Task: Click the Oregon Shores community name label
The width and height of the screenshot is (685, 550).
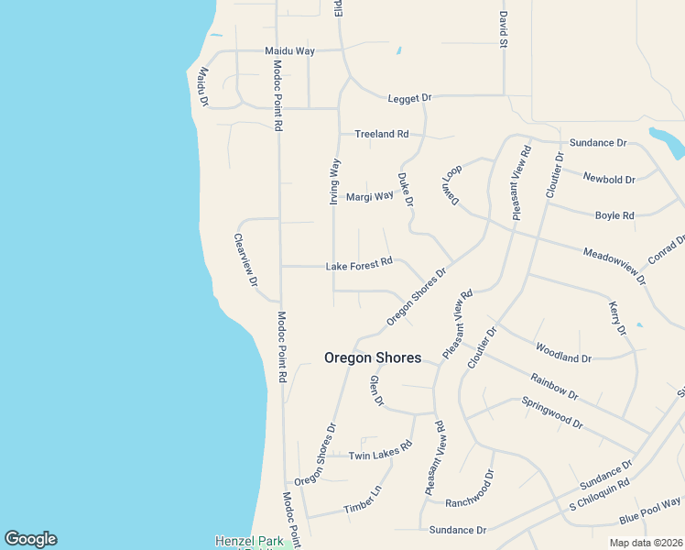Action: click(373, 357)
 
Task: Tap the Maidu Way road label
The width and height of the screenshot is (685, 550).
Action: click(289, 50)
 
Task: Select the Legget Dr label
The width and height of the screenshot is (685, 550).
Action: click(409, 97)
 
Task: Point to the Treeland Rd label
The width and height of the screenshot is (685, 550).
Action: click(381, 134)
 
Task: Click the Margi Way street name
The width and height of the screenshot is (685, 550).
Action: click(369, 196)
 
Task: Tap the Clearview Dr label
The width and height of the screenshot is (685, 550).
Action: click(245, 261)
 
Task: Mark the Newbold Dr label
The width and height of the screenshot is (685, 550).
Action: click(610, 180)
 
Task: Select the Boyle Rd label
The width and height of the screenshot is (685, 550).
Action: click(614, 215)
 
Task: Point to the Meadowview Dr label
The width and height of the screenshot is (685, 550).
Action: click(614, 265)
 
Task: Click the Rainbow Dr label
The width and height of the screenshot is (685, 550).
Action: click(554, 385)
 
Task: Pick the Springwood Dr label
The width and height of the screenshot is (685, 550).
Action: click(552, 412)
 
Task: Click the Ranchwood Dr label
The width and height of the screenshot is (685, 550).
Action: click(470, 490)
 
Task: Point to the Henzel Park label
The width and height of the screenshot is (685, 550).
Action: click(245, 541)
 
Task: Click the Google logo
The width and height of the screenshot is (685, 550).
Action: click(30, 539)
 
